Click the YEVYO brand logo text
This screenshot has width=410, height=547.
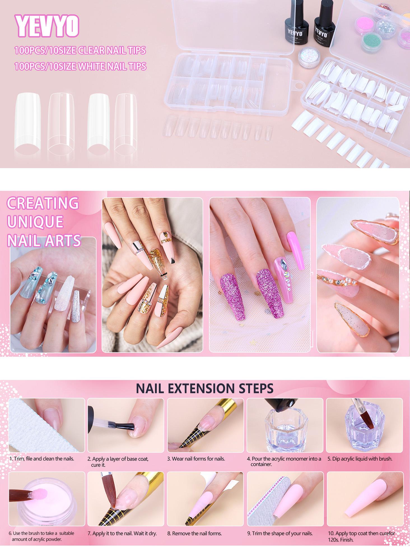point(47,26)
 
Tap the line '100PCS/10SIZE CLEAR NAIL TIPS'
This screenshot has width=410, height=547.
point(80,50)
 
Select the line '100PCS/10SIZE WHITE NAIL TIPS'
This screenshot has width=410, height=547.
point(80,66)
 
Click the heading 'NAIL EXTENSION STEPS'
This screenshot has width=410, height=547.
point(205,388)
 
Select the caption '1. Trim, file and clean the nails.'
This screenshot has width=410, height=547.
point(42,459)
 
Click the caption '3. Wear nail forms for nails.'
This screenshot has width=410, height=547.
point(196,459)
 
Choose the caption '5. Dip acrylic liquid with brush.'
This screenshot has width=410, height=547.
point(360,459)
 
